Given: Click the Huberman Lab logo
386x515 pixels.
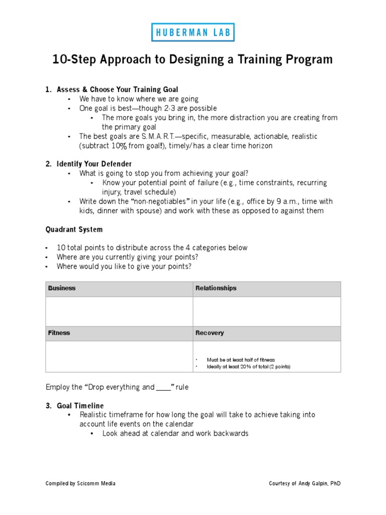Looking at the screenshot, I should point(192,32).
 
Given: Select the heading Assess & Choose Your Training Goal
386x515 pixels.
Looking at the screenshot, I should point(117,90).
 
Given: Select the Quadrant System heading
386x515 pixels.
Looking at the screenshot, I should point(74,229).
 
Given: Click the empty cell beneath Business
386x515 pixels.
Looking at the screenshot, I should point(119,311).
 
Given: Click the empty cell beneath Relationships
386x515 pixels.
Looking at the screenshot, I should point(267,311).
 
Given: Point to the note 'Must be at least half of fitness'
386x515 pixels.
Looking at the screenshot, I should point(241,360).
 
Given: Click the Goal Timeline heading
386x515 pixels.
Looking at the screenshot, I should point(80,405).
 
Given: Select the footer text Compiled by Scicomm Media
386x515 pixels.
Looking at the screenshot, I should point(80,483).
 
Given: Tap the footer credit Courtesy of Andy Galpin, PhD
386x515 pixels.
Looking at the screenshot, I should point(305,483).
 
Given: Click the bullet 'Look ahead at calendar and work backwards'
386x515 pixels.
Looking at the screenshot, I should point(175,433).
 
